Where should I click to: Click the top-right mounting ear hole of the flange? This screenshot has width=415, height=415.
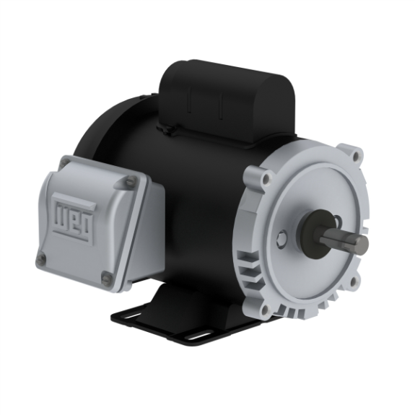(x=354, y=154)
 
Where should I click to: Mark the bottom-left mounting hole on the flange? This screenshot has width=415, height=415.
(x=265, y=310)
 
